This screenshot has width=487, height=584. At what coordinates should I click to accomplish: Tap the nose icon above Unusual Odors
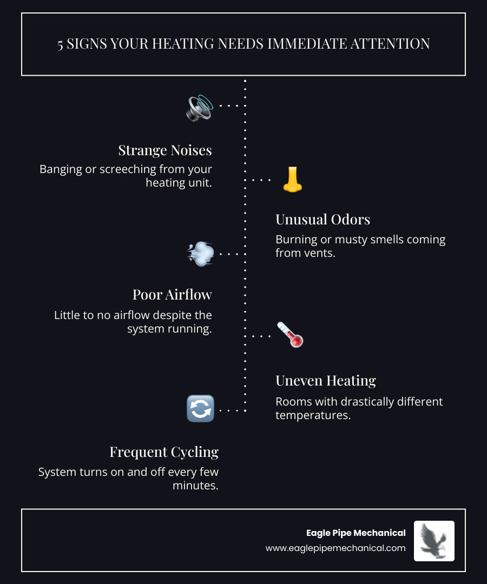pyautogui.click(x=292, y=180)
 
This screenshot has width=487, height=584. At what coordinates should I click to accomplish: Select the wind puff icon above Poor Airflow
pyautogui.click(x=200, y=254)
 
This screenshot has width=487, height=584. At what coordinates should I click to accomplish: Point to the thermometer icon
pyautogui.click(x=290, y=335)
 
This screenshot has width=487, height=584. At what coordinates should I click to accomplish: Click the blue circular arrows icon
pyautogui.click(x=200, y=409)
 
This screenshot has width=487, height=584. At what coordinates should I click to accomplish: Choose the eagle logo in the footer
pyautogui.click(x=434, y=541)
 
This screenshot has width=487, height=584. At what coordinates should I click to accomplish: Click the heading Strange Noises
pyautogui.click(x=165, y=150)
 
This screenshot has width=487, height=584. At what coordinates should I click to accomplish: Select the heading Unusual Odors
pyautogui.click(x=323, y=220)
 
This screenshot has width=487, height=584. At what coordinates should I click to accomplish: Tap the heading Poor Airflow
pyautogui.click(x=172, y=295)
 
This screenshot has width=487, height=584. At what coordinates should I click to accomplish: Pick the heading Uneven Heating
pyautogui.click(x=326, y=381)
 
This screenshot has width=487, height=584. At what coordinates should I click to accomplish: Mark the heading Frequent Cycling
pyautogui.click(x=164, y=452)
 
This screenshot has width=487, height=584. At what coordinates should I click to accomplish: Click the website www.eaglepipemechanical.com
pyautogui.click(x=335, y=548)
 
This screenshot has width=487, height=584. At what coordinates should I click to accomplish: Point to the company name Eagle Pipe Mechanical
pyautogui.click(x=356, y=533)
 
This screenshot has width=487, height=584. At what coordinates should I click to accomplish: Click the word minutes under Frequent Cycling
pyautogui.click(x=195, y=485)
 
